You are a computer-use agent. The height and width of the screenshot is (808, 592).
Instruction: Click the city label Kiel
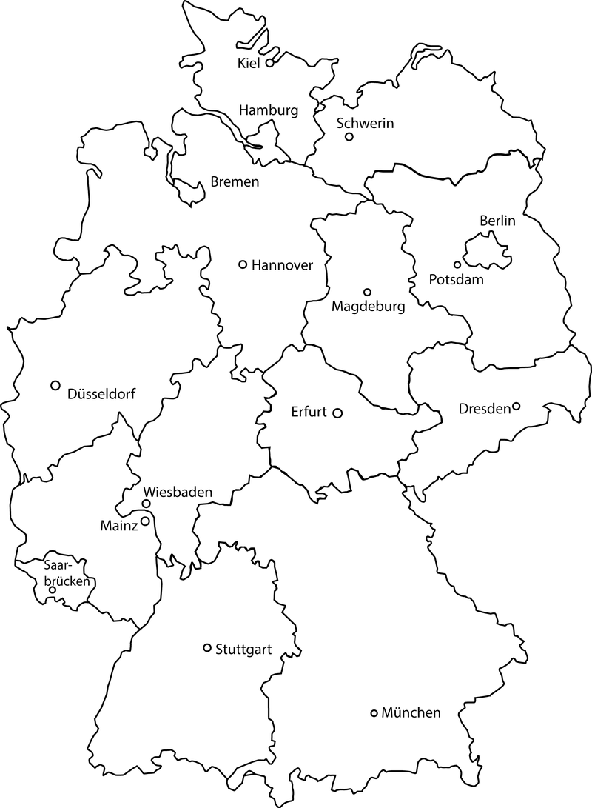249,64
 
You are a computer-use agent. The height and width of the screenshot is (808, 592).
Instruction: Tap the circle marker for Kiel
270,63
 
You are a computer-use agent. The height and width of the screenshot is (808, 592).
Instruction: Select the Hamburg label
269,110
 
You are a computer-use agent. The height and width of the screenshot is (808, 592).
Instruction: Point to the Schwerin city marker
349,136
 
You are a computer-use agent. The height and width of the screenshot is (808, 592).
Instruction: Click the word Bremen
235,181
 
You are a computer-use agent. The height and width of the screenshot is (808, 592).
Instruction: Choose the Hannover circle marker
242,264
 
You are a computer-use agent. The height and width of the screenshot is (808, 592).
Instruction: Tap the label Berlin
497,220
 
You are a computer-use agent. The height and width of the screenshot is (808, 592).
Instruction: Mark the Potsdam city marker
457,264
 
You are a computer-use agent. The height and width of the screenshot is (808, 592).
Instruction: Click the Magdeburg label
369,307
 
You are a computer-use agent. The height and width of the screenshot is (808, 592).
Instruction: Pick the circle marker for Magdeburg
367,292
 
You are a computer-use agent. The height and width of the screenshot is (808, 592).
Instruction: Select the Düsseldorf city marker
55,385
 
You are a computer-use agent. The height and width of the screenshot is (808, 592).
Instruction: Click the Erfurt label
309,412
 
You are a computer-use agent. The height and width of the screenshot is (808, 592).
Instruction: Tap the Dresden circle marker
517,406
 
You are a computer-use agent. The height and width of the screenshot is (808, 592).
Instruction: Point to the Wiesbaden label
178,492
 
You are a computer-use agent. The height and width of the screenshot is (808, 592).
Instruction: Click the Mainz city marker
146,521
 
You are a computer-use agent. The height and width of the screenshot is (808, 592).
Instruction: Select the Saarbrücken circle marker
53,590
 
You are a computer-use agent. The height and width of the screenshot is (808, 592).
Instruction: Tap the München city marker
374,713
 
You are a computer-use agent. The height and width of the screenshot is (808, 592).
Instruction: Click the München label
411,713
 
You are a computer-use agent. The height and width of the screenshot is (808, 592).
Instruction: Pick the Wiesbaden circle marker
147,504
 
